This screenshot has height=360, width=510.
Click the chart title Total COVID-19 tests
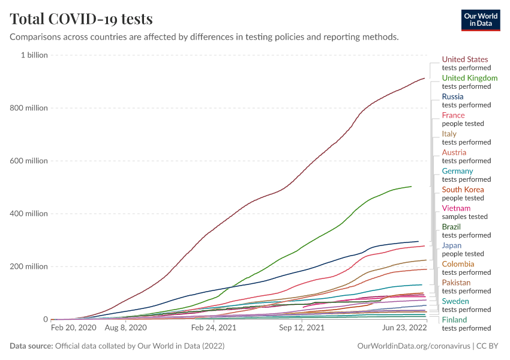point(81,19)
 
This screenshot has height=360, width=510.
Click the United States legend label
point(465,59)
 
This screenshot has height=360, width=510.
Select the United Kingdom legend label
point(470,78)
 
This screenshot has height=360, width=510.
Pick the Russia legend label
point(452,97)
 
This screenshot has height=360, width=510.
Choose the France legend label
point(453,115)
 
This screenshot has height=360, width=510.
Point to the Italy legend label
point(449,134)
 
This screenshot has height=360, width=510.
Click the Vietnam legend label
point(456,208)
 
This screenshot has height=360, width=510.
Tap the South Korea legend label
point(463,190)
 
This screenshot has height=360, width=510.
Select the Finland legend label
point(454,320)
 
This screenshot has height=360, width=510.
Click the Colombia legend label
point(458,264)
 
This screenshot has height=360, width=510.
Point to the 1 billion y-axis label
point(34,55)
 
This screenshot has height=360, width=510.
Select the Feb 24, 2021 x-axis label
point(214,328)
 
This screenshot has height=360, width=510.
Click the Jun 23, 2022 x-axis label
point(404,328)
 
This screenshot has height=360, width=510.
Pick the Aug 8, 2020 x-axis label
point(125,328)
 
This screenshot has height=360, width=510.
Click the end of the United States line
point(425,78)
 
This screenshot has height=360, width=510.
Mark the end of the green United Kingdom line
point(411,186)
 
